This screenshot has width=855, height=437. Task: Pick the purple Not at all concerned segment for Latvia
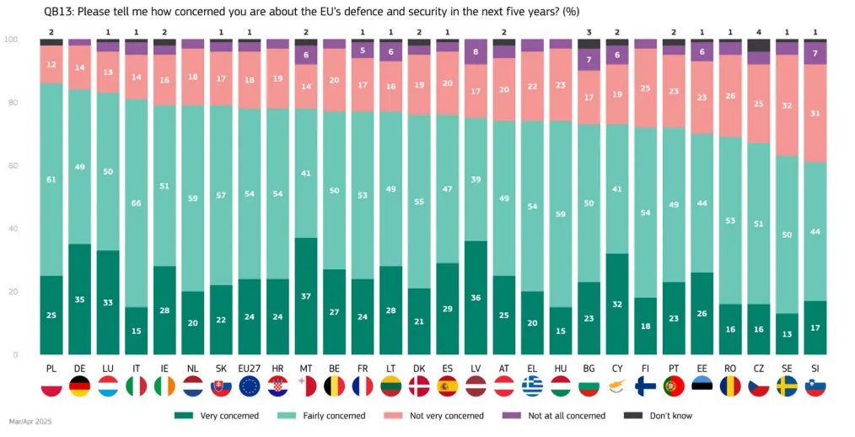click(x=476, y=52)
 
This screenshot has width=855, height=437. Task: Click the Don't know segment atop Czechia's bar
click(x=759, y=45)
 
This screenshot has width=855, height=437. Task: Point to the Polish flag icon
click(x=51, y=386)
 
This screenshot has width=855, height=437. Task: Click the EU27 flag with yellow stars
click(x=250, y=386)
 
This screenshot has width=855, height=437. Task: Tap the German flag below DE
click(x=80, y=386)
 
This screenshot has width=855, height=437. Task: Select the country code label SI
click(x=815, y=369)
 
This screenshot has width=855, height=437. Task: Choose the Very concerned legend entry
click(x=216, y=415)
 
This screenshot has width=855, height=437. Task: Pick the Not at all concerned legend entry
click(x=554, y=415)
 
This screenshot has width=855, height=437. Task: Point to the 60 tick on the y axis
click(x=11, y=166)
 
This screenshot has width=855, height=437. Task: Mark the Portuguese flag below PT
click(x=674, y=386)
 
